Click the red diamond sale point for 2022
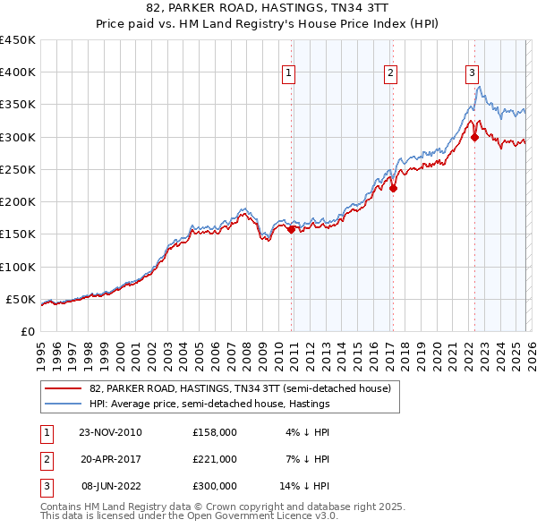pos(474,137)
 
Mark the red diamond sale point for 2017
pos(393,188)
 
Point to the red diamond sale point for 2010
pos(292,229)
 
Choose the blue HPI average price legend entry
pos(209,404)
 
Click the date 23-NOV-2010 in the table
pos(110,432)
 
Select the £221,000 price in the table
pos(215,459)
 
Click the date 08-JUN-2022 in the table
pos(110,486)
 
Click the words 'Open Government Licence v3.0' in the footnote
pos(261,516)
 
